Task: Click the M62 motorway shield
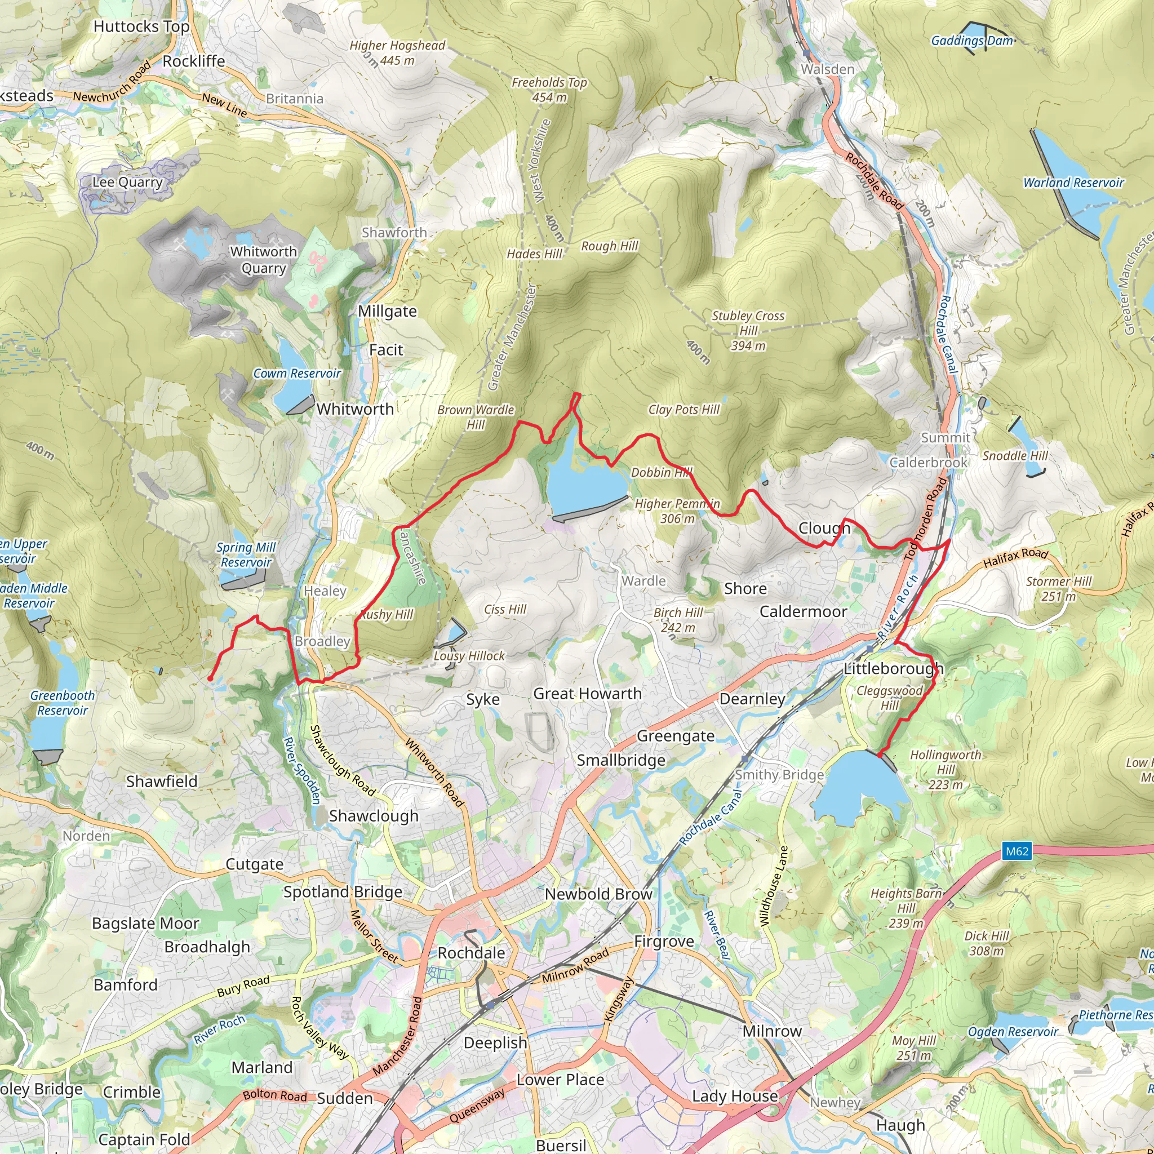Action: (x=1017, y=851)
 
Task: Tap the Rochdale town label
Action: (x=471, y=953)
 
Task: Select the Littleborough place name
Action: (x=893, y=668)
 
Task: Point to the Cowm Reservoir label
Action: (x=297, y=374)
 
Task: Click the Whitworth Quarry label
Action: (x=263, y=260)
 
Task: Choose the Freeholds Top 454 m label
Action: (x=549, y=90)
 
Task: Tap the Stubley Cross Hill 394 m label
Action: (x=748, y=330)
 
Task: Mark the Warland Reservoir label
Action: (x=1073, y=183)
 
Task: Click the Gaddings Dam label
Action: (x=973, y=41)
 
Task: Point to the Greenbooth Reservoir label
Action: (x=62, y=703)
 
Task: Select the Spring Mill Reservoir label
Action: (x=246, y=554)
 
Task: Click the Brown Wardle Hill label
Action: (x=476, y=417)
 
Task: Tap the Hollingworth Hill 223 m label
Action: (x=946, y=769)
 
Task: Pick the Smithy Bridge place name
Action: (x=779, y=775)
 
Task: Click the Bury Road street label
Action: (x=243, y=986)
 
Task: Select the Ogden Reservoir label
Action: (x=1013, y=1032)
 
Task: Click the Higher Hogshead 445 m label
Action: (x=397, y=52)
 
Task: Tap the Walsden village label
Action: (x=827, y=69)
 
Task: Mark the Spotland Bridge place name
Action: (x=342, y=892)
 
